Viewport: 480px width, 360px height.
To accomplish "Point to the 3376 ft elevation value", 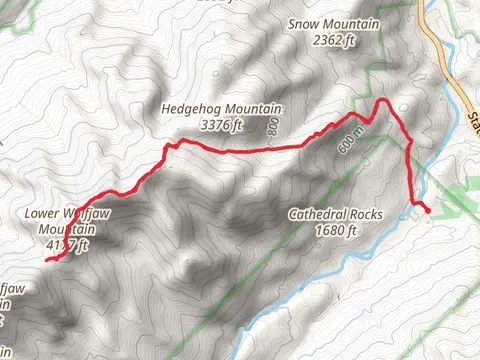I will pyautogui.click(x=222, y=125).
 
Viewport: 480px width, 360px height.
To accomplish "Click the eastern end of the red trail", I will pyautogui.click(x=429, y=212).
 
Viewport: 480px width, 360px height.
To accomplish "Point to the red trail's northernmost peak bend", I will pyautogui.click(x=381, y=100).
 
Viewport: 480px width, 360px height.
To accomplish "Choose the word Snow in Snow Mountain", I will pyautogui.click(x=306, y=24).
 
